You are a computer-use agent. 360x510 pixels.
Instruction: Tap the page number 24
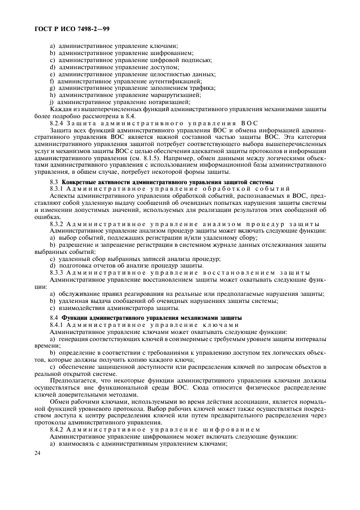(36, 453)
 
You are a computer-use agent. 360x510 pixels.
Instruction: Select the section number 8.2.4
(57, 124)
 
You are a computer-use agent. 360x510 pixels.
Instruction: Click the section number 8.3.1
(57, 188)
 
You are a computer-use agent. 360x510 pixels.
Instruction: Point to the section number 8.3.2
(57, 223)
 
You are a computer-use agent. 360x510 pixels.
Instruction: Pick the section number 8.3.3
(57, 272)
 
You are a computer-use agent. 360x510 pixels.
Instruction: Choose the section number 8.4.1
(57, 325)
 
